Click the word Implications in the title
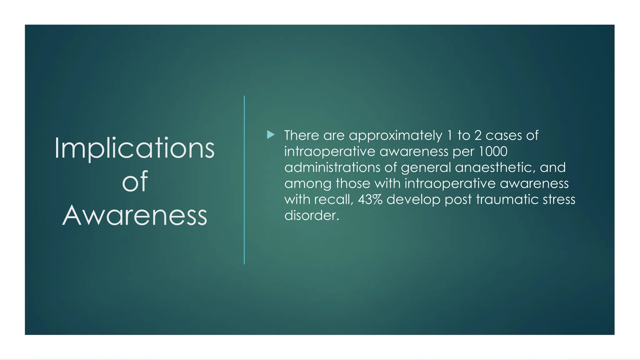point(134,148)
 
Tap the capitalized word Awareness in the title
point(135,215)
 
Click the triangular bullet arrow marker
point(271,135)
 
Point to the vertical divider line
point(244,180)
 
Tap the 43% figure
point(370,199)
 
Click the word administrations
point(332,167)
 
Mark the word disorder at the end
point(311,215)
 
